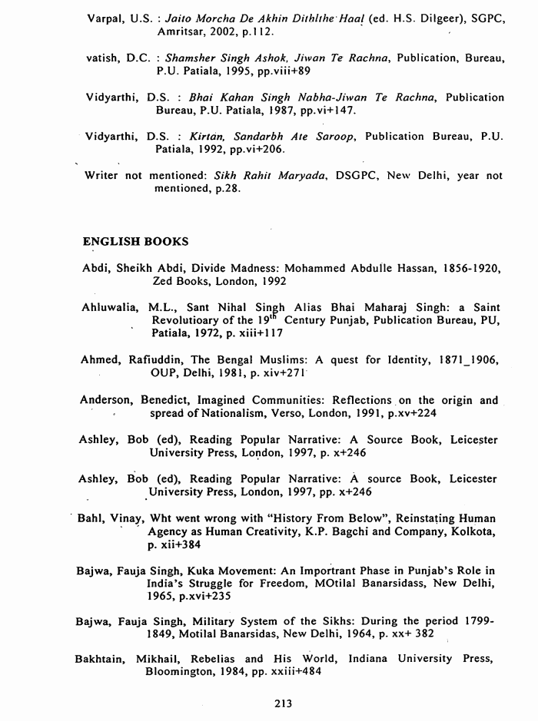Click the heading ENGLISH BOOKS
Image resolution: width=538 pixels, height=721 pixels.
pyautogui.click(x=134, y=241)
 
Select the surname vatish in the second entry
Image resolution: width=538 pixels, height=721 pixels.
pyautogui.click(x=103, y=58)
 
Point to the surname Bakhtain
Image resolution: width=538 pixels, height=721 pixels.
pyautogui.click(x=102, y=659)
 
